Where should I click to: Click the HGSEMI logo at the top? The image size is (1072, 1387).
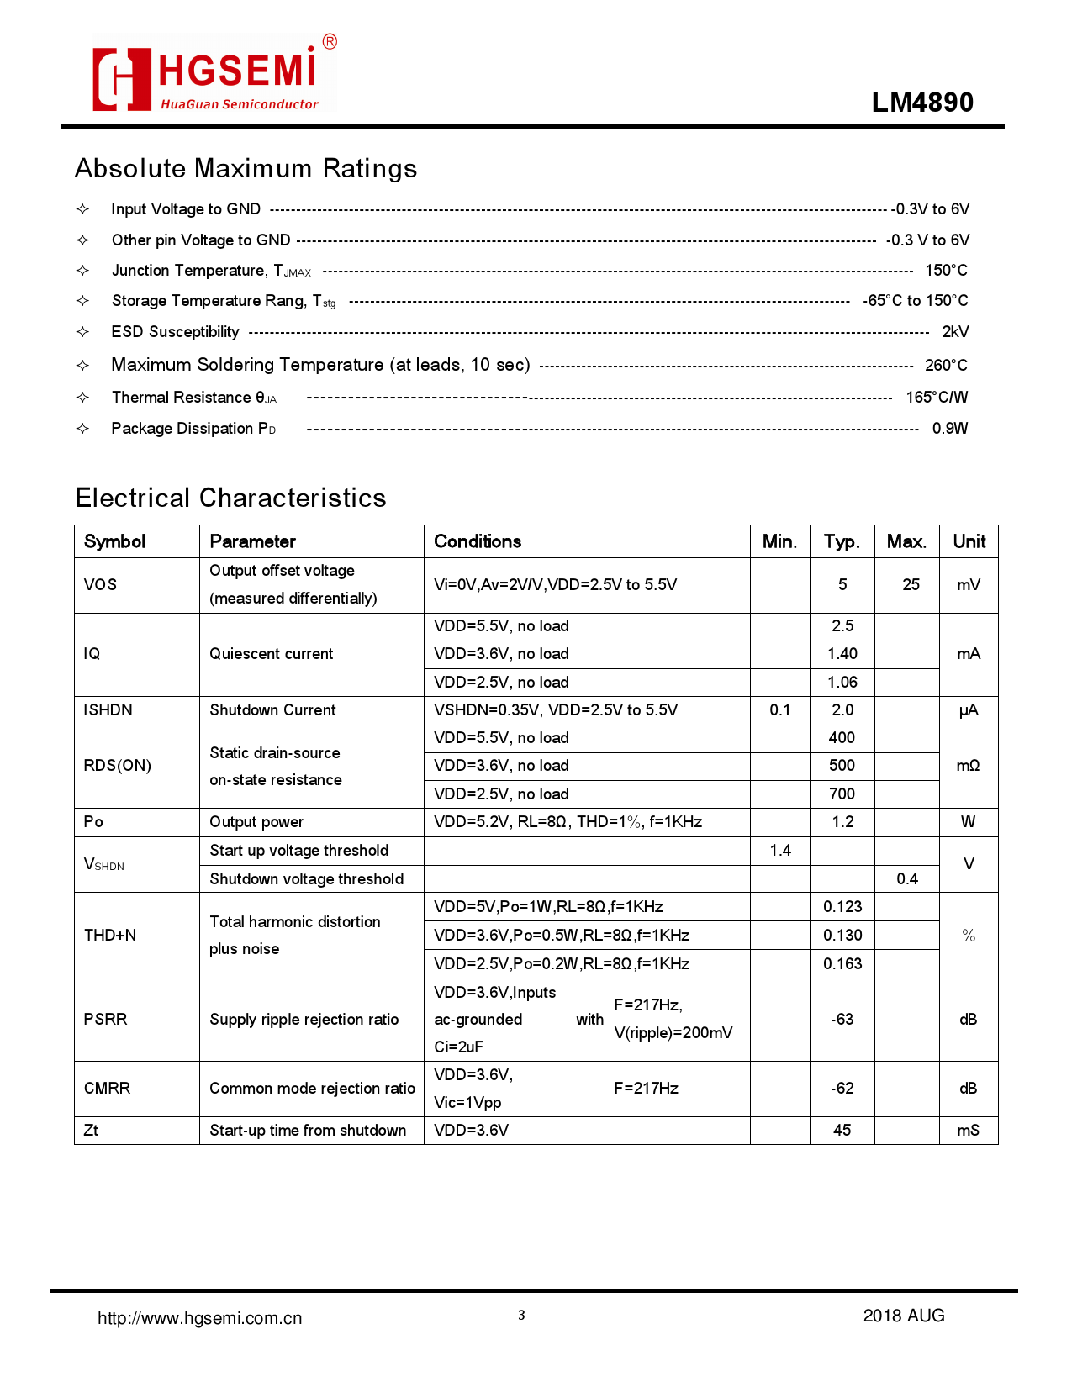tap(214, 74)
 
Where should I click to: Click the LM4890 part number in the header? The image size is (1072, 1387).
tap(922, 103)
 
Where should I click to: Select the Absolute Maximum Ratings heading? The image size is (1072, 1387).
tap(246, 168)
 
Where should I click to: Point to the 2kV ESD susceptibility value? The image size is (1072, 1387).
tap(955, 332)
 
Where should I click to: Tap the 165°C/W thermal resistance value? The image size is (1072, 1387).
tap(937, 398)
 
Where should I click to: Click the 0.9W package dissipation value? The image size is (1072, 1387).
tap(950, 429)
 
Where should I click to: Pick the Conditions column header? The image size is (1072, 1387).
tap(478, 541)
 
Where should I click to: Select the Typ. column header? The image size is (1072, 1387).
tap(842, 541)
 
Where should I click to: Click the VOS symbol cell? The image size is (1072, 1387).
tap(101, 585)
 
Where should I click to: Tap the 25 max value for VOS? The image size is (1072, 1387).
tap(911, 585)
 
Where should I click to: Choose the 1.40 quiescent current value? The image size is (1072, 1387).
tap(842, 654)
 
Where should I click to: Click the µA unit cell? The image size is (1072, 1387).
tap(968, 710)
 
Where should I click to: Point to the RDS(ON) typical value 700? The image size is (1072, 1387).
tap(842, 794)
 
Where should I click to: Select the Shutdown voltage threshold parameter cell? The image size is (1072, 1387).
tap(307, 879)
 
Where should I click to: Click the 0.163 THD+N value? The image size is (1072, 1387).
tap(842, 964)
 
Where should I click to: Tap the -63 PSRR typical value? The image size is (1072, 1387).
tap(842, 1020)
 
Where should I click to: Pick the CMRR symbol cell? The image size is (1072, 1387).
tap(108, 1089)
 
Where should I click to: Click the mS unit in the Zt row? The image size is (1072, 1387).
tap(968, 1131)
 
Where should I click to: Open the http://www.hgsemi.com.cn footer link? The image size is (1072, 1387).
tap(200, 1318)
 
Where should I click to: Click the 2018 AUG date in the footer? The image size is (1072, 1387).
tap(904, 1316)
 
